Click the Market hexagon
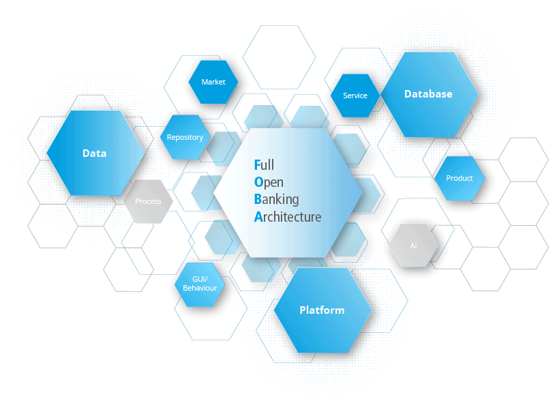point(213,82)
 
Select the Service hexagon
point(355,95)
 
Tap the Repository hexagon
point(185,137)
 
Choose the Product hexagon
point(460,178)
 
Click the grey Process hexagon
point(148,201)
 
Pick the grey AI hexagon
point(413,246)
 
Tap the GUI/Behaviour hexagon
point(200,284)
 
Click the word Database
point(428,94)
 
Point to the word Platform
point(322,310)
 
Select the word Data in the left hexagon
point(95,153)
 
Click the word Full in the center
point(264,165)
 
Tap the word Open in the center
point(269,182)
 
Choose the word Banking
point(276,199)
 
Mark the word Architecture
point(288,217)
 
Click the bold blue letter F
point(258,165)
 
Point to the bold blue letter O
point(258,182)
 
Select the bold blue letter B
point(258,199)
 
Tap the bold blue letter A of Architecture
point(258,217)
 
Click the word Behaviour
point(200,289)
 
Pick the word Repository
point(185,138)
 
